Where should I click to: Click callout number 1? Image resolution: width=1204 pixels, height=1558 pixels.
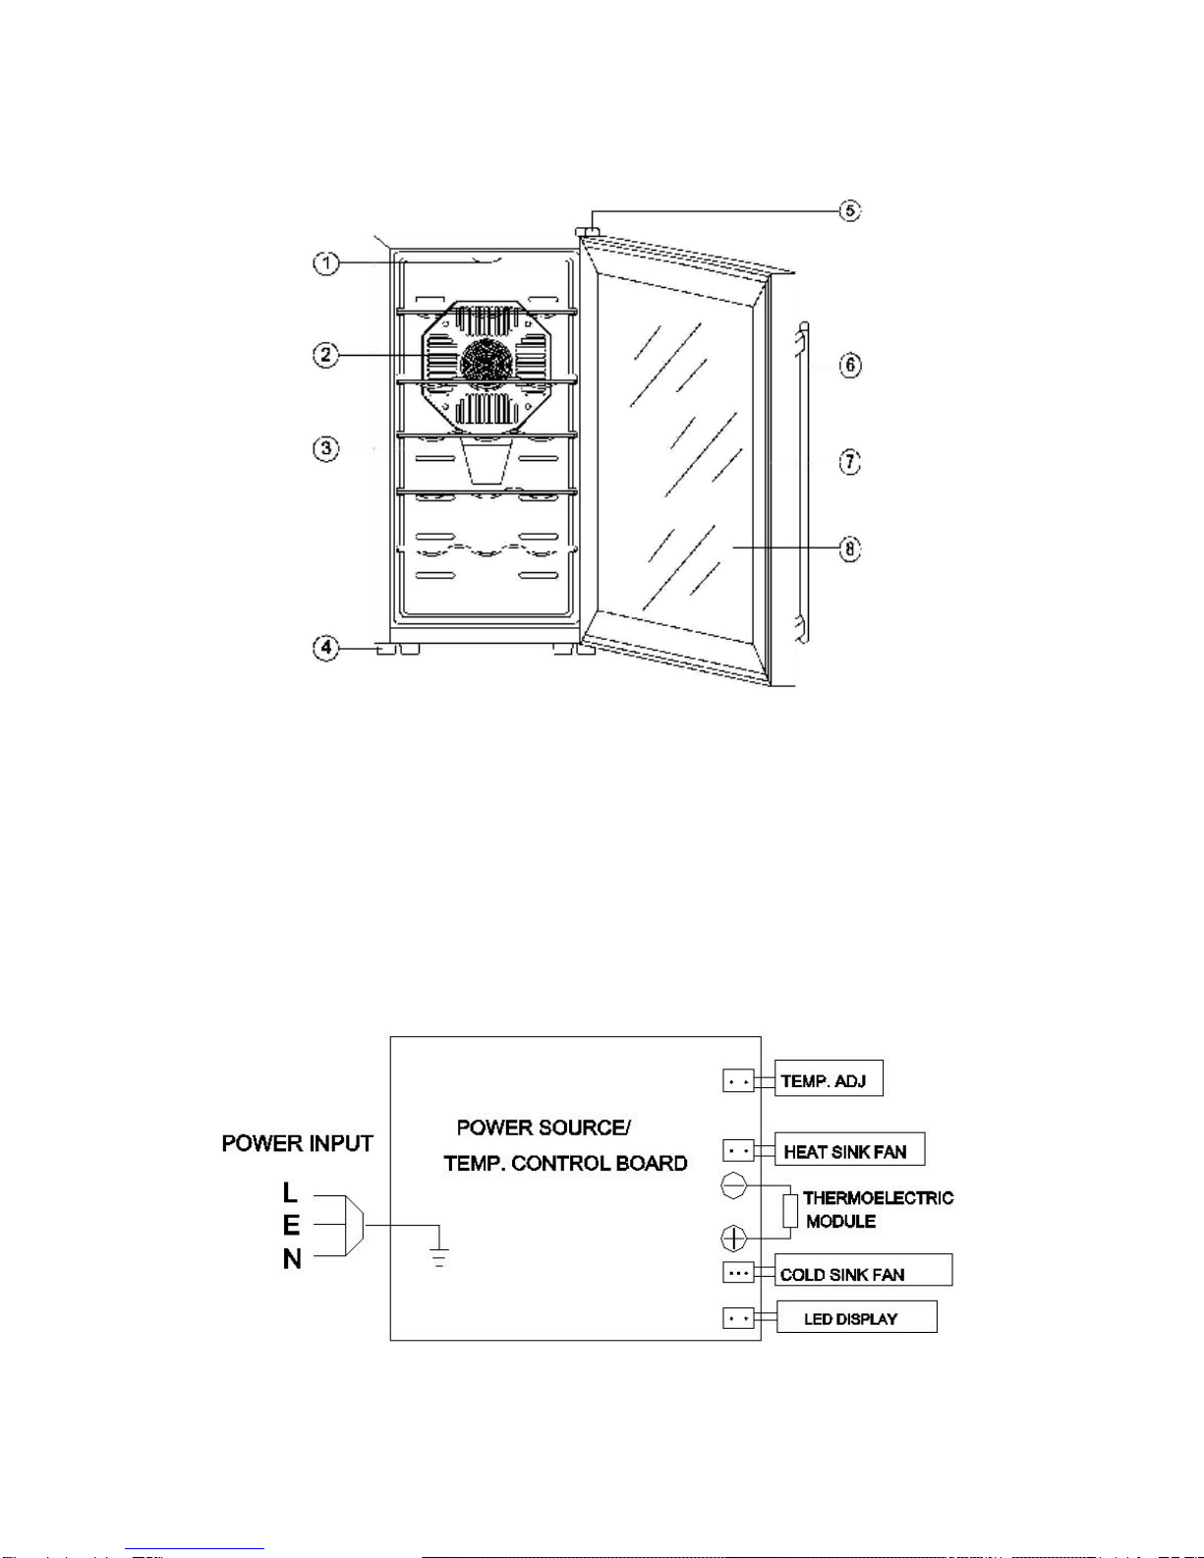point(326,263)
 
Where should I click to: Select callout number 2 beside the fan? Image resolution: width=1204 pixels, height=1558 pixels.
point(326,355)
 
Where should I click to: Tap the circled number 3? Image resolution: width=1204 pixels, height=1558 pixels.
point(326,449)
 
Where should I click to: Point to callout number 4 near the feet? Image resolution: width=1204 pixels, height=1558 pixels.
point(326,648)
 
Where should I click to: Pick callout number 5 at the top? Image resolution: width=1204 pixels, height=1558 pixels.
point(849,210)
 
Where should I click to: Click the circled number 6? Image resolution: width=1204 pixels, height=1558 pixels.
point(850,365)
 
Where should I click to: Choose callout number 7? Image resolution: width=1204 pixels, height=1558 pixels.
point(850,461)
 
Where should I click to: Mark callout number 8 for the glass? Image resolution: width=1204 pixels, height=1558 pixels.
point(850,548)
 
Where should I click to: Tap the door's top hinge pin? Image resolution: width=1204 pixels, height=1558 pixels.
point(589,232)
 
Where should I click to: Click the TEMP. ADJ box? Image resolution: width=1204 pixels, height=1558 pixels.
point(829,1078)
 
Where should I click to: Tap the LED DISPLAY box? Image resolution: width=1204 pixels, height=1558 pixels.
point(856,1317)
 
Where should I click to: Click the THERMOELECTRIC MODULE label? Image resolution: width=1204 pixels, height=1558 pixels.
point(876,1209)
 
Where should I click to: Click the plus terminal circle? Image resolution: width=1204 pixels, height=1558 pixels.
point(734,1239)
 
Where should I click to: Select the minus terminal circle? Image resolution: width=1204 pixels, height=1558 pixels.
point(734,1185)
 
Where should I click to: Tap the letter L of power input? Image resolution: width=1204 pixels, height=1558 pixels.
point(290,1192)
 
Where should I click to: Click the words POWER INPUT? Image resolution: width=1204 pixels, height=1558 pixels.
point(297,1143)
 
